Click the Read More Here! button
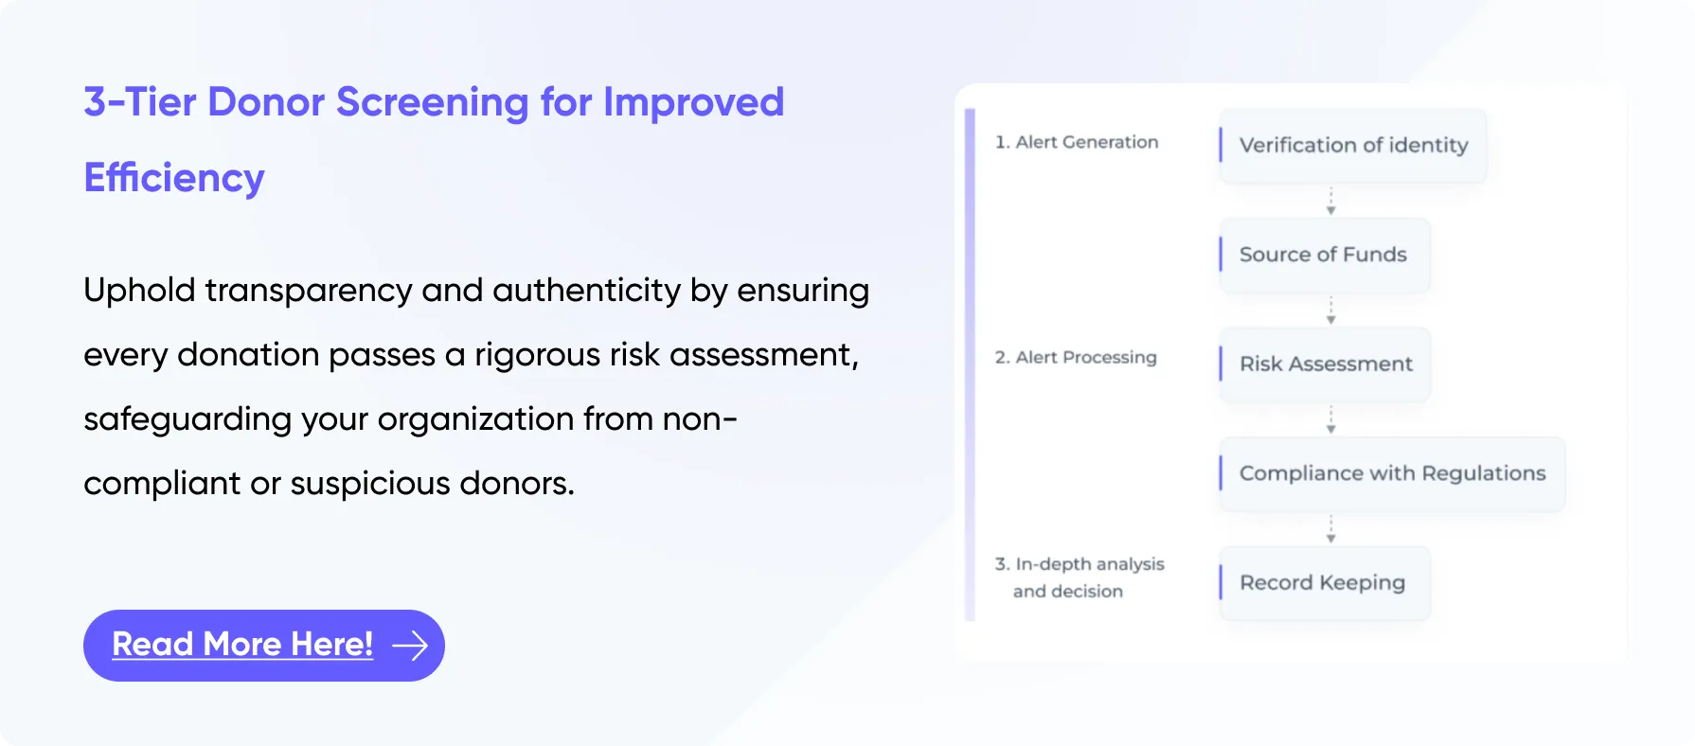pyautogui.click(x=263, y=646)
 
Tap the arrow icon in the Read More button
pyautogui.click(x=410, y=646)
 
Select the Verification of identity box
pyautogui.click(x=1353, y=146)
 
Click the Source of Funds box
pyautogui.click(x=1324, y=255)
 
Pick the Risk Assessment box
pyautogui.click(x=1324, y=364)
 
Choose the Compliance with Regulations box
pyautogui.click(x=1392, y=473)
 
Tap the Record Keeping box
pyautogui.click(x=1324, y=583)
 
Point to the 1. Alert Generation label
pyautogui.click(x=1077, y=142)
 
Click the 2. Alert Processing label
pyautogui.click(x=1076, y=357)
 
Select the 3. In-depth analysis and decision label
pyautogui.click(x=1079, y=577)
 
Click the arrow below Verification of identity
pyautogui.click(x=1330, y=201)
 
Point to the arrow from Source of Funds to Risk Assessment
pyautogui.click(x=1330, y=311)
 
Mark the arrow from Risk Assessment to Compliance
pyautogui.click(x=1330, y=419)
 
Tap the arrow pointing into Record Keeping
pyautogui.click(x=1330, y=529)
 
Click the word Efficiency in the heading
pyautogui.click(x=174, y=178)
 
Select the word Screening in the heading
pyautogui.click(x=432, y=103)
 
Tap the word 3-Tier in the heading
pyautogui.click(x=138, y=102)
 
